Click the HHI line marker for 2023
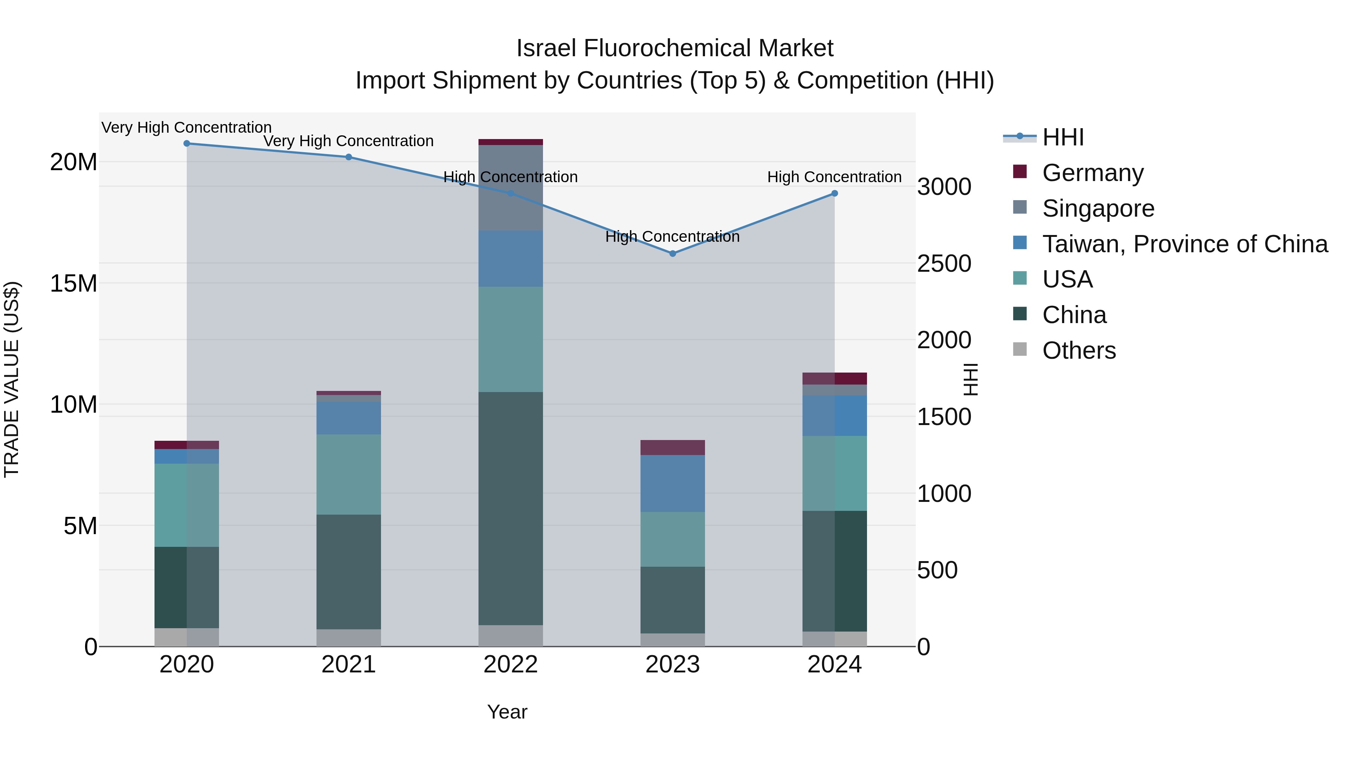(672, 253)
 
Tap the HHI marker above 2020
(187, 144)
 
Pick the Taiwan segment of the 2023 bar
(672, 483)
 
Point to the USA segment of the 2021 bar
(348, 474)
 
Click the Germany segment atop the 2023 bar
(672, 447)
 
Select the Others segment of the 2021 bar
(348, 638)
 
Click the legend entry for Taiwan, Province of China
(1184, 244)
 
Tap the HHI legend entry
(1063, 137)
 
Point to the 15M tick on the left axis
(73, 283)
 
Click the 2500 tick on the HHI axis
(944, 263)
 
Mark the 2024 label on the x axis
(834, 665)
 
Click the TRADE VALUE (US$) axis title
(12, 379)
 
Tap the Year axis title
(507, 712)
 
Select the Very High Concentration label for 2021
(348, 141)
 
